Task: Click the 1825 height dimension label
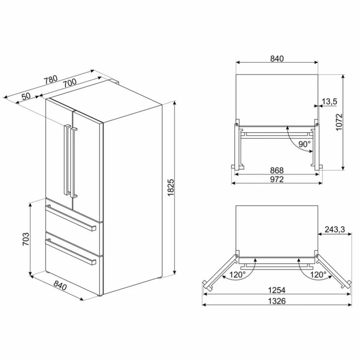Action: pyautogui.click(x=171, y=188)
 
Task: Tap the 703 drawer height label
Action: pyautogui.click(x=26, y=239)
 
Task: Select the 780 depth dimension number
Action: pyautogui.click(x=51, y=79)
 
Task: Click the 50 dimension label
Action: pyautogui.click(x=26, y=96)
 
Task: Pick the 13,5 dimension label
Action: pyautogui.click(x=329, y=101)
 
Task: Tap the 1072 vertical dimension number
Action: pyautogui.click(x=339, y=122)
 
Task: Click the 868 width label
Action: pyautogui.click(x=277, y=170)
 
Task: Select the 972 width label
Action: pyautogui.click(x=277, y=179)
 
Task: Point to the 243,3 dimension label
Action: pyautogui.click(x=335, y=229)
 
